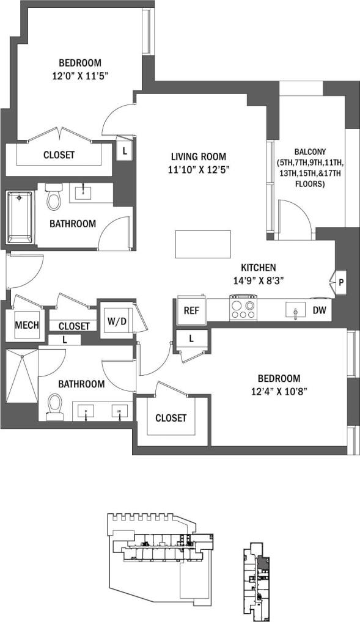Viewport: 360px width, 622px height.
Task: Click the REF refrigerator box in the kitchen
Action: click(x=190, y=310)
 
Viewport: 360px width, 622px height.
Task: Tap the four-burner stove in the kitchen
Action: click(x=243, y=307)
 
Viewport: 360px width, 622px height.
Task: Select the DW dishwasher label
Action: click(x=319, y=310)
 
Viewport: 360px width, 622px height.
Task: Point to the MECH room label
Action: click(x=27, y=324)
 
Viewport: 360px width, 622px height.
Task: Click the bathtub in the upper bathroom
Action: click(x=20, y=216)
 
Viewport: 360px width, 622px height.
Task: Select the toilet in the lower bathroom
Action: click(x=55, y=405)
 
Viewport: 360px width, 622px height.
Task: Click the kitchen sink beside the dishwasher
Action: click(x=295, y=310)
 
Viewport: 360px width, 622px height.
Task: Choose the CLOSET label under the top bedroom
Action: click(x=59, y=155)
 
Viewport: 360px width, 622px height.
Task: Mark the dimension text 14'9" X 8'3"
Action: click(x=258, y=280)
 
